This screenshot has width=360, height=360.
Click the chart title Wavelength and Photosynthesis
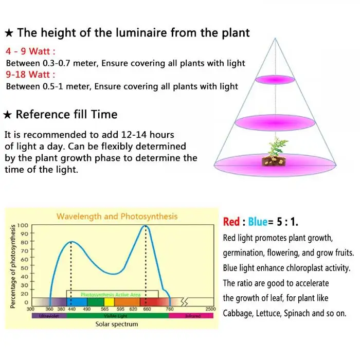tap(117, 217)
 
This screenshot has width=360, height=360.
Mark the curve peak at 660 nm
tap(146, 226)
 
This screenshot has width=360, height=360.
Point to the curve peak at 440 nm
tap(71, 242)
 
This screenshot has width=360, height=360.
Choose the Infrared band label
tap(192, 315)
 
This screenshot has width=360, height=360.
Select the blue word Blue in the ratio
tap(257, 222)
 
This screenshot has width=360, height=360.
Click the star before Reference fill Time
tap(8, 114)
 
